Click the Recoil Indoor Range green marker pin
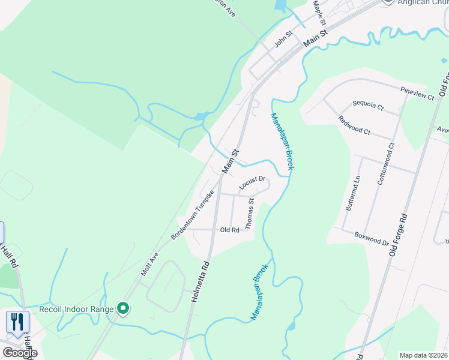coord(124,308)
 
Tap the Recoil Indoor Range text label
coord(77,310)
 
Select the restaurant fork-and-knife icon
coord(17,322)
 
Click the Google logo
coord(19,353)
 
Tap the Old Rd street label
coord(229,230)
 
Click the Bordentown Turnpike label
coord(193,215)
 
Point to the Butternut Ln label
coord(353,193)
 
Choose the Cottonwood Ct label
coord(384,163)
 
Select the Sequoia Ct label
coord(368,107)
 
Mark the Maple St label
coord(319,13)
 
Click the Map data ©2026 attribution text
coord(424,355)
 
